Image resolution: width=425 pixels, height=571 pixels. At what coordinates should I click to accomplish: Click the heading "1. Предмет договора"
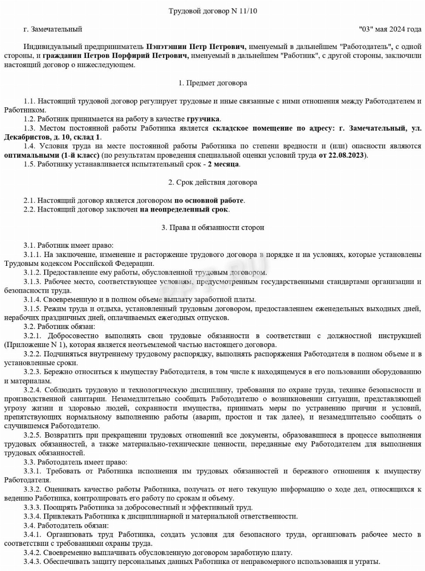(213, 83)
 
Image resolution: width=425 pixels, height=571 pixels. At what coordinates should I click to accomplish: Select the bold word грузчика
(203, 119)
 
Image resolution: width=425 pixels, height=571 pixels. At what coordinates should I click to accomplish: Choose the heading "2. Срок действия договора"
(213, 182)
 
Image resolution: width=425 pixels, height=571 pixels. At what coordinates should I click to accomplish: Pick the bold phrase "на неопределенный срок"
(184, 210)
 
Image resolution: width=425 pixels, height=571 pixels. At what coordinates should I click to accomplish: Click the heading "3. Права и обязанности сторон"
(213, 228)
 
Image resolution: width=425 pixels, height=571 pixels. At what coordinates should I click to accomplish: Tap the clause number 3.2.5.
(32, 435)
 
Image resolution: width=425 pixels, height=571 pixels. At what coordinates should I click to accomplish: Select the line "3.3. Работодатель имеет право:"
(75, 462)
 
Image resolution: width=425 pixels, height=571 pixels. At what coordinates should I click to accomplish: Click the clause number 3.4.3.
(32, 562)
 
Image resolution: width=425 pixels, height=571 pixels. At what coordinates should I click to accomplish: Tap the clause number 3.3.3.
(32, 507)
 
